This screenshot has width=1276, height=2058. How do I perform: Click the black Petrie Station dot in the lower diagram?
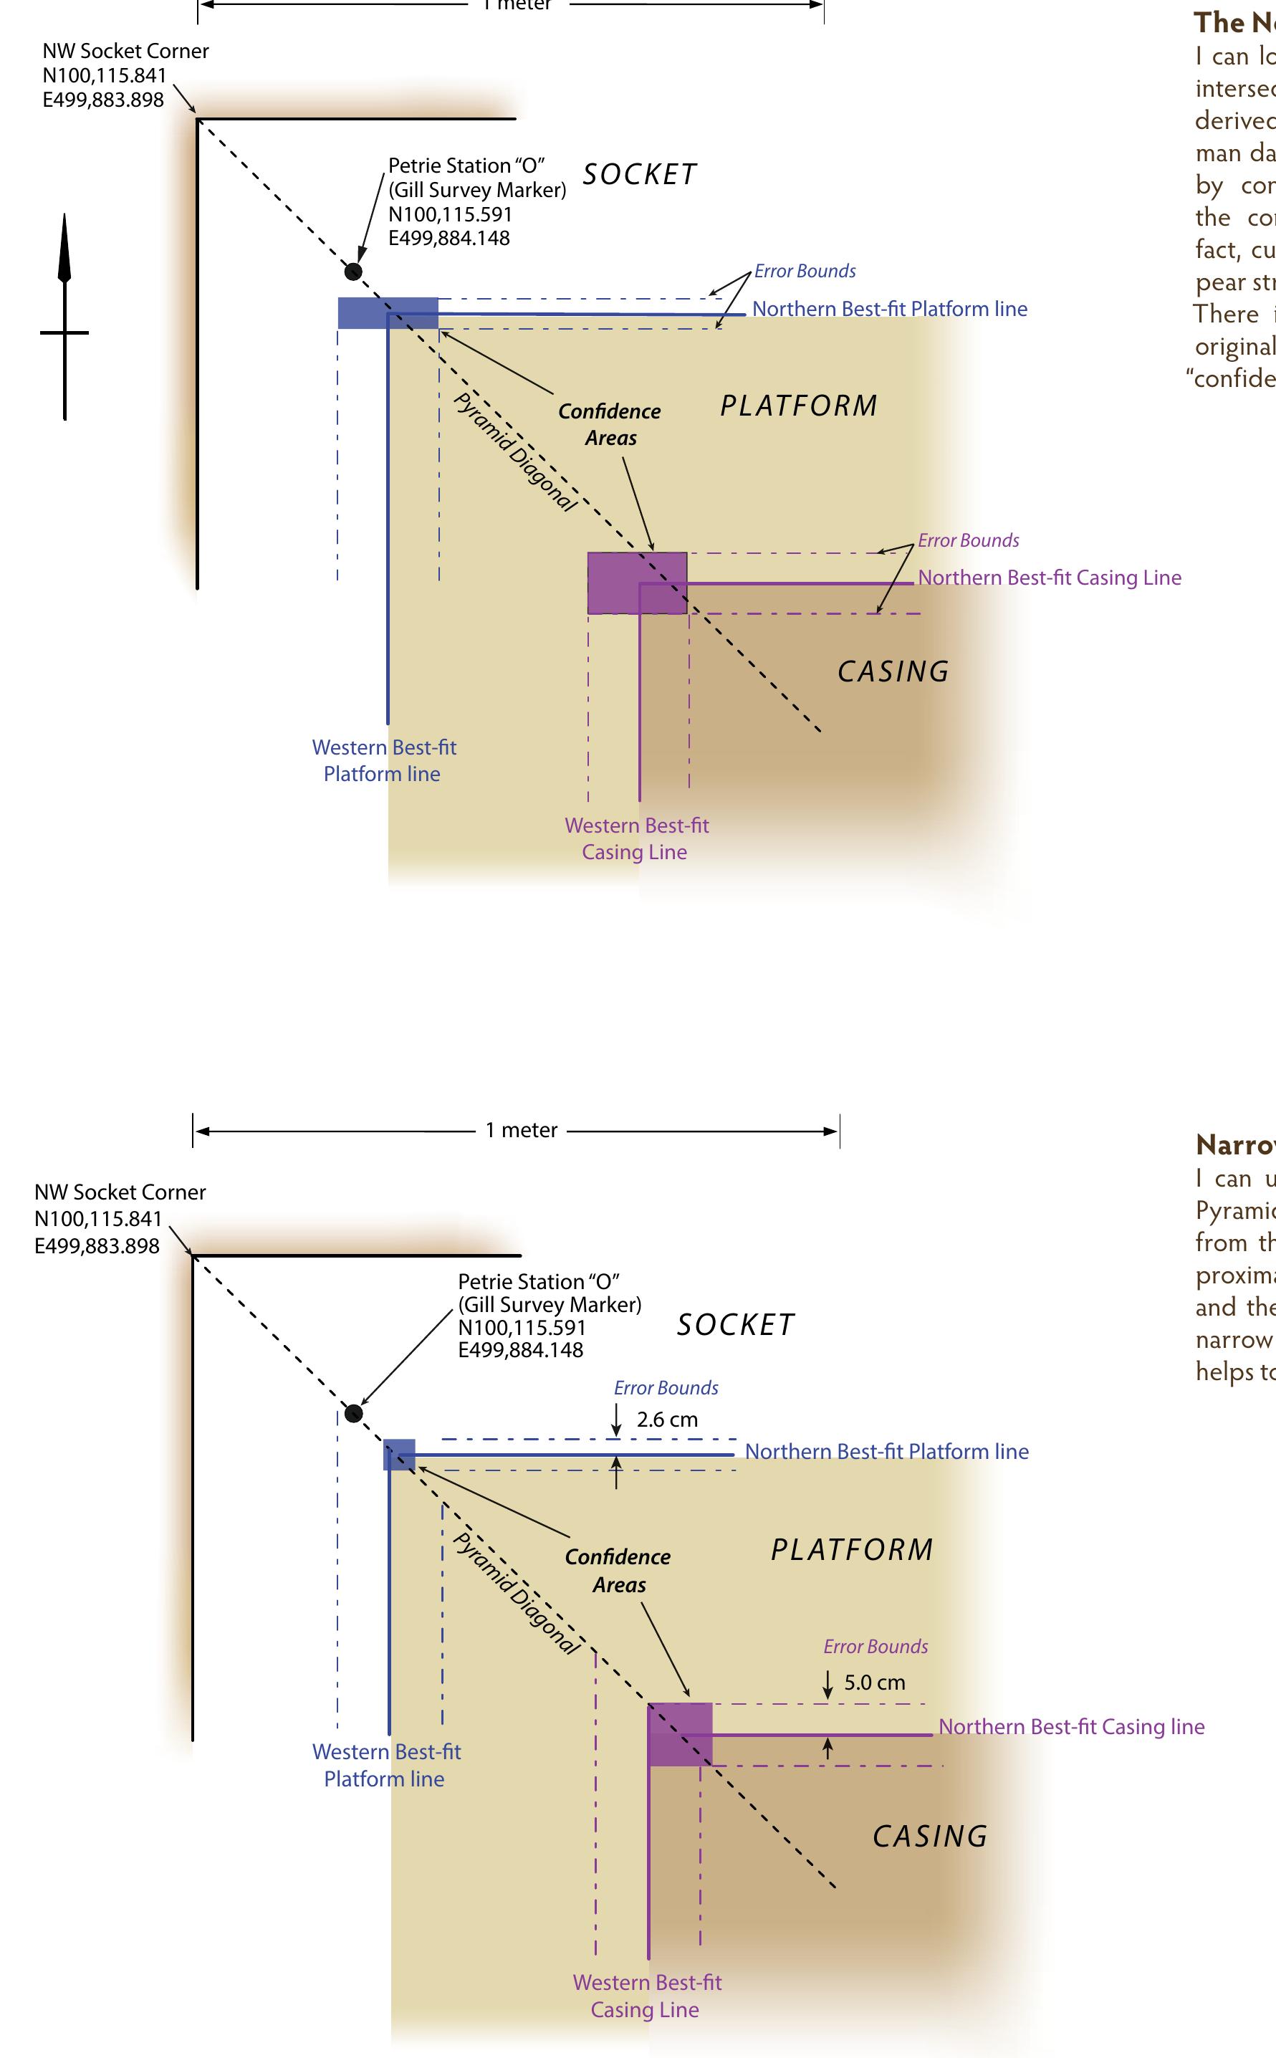coord(355,1413)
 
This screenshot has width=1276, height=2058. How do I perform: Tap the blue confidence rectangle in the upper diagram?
coord(388,312)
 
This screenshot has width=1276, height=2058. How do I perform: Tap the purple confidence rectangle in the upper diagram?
coord(637,583)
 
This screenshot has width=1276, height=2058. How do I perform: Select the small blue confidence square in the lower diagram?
coord(399,1455)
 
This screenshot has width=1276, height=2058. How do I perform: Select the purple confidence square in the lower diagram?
coord(680,1734)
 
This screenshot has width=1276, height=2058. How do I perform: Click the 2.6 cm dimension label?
coord(667,1420)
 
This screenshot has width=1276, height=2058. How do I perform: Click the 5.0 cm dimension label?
coord(874,1683)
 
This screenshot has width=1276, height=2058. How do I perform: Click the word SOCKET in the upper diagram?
coord(640,175)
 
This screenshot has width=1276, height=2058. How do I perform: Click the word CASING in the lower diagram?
coord(929,1836)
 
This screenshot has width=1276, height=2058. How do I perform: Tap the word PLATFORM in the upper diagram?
coord(798,406)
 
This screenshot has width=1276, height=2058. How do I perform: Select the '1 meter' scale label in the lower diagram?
coord(521,1130)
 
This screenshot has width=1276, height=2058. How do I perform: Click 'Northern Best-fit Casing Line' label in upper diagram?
coord(1049,578)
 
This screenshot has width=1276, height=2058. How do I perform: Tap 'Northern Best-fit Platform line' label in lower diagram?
coord(886,1451)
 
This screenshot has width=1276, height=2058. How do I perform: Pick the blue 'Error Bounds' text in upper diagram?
coord(805,271)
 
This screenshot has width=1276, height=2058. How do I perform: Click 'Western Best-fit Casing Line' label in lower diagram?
coord(646,1996)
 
